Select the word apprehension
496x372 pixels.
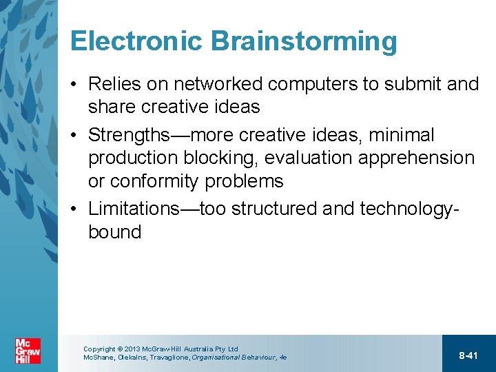[422, 158]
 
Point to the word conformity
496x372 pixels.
[161, 181]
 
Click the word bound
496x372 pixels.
[114, 232]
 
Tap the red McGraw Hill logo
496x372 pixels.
[28, 351]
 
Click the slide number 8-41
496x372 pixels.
[468, 355]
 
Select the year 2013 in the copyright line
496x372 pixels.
[132, 349]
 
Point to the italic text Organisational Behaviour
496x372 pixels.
[230, 358]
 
